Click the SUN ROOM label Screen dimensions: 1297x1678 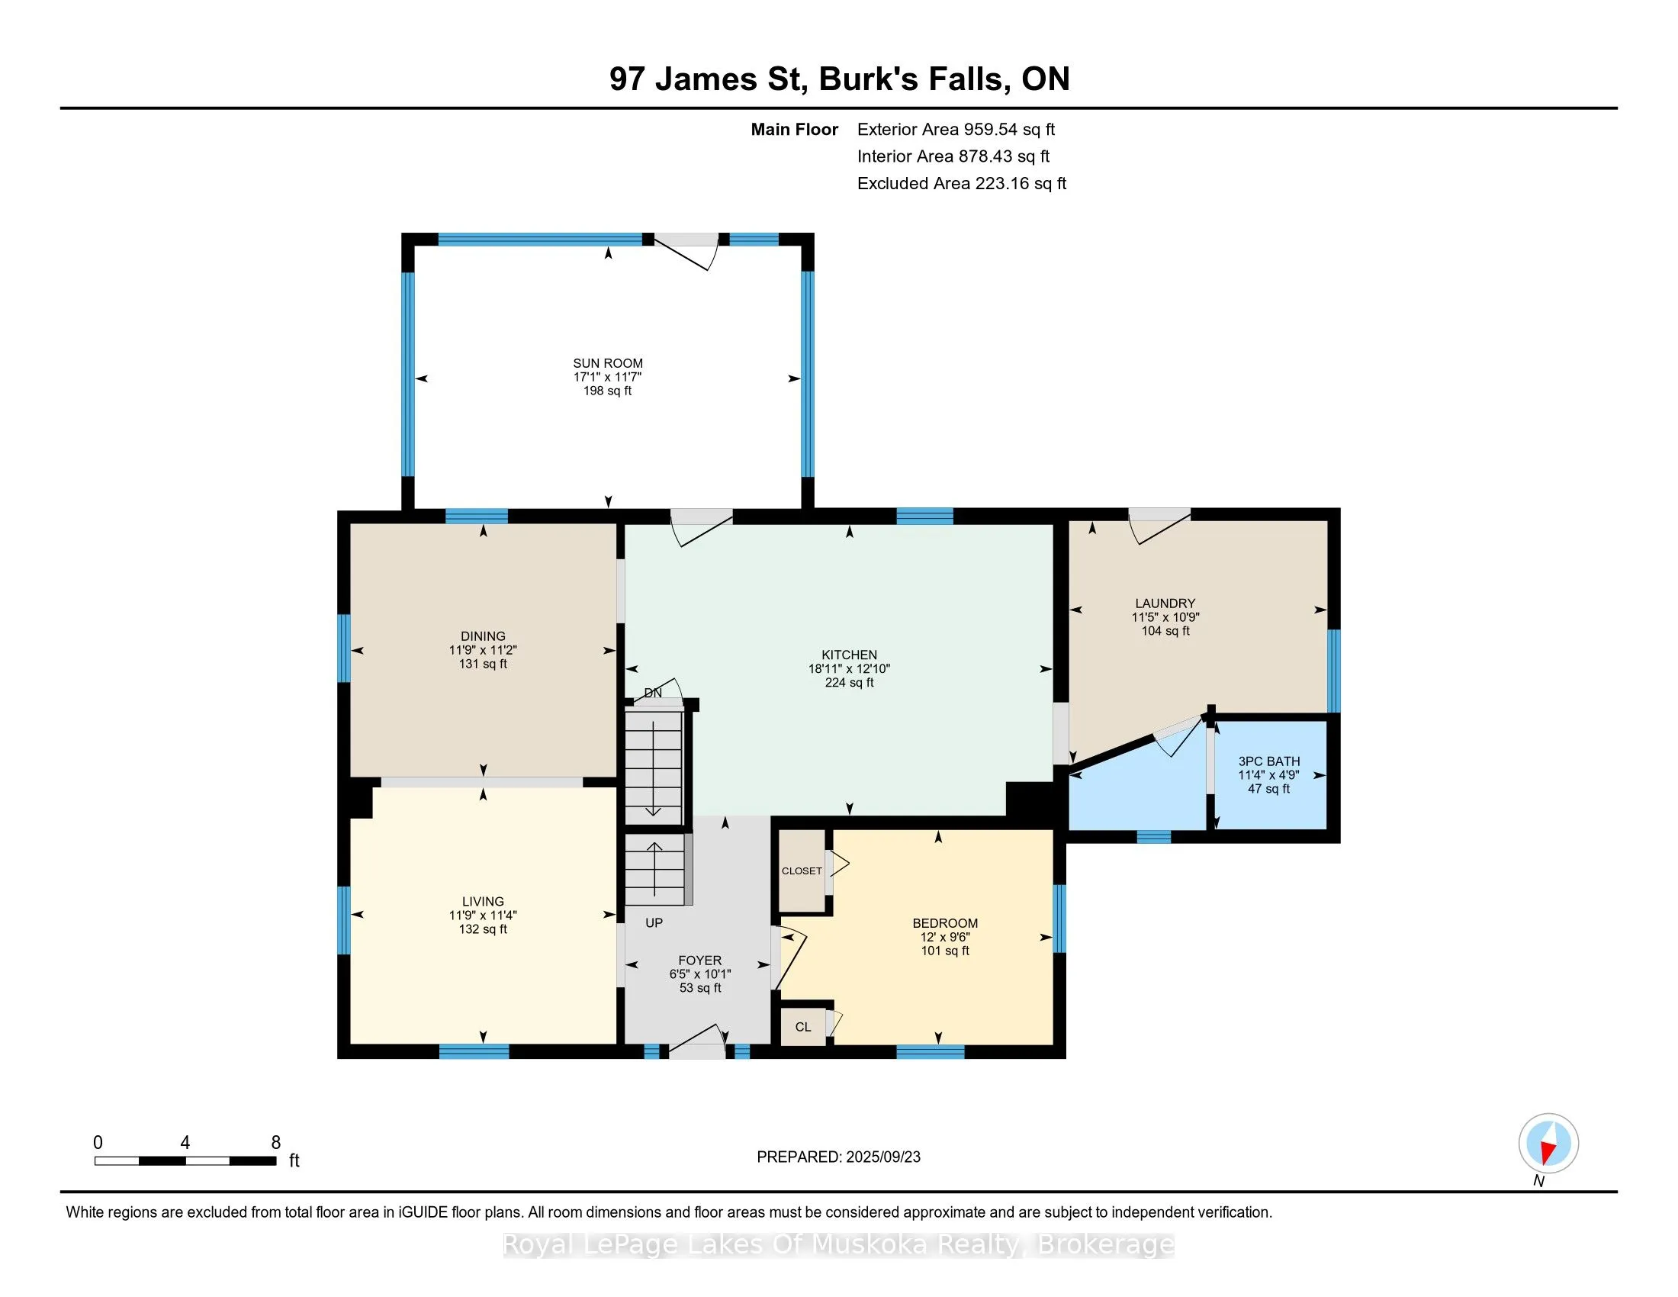click(607, 363)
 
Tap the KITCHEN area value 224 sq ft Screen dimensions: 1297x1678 click(849, 682)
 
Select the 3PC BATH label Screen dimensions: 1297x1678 click(1268, 761)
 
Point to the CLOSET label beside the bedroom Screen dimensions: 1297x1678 click(802, 871)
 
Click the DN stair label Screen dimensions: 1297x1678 click(652, 693)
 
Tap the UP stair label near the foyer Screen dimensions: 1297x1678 click(654, 923)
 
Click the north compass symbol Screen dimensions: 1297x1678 click(1548, 1144)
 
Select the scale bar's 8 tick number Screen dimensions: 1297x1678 click(276, 1143)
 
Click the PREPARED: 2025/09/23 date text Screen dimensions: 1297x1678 click(838, 1157)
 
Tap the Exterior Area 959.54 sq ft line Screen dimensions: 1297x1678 click(956, 130)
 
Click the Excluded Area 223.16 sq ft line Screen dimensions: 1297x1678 click(961, 184)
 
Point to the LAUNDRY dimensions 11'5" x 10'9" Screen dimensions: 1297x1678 click(1165, 617)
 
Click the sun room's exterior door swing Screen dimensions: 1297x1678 click(686, 251)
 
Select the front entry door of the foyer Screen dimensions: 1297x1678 click(697, 1042)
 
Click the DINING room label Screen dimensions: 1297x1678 click(483, 636)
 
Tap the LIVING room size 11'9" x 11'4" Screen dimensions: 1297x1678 click(483, 915)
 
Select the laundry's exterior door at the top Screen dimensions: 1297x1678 click(1159, 526)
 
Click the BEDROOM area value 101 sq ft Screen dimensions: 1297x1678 click(945, 951)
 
